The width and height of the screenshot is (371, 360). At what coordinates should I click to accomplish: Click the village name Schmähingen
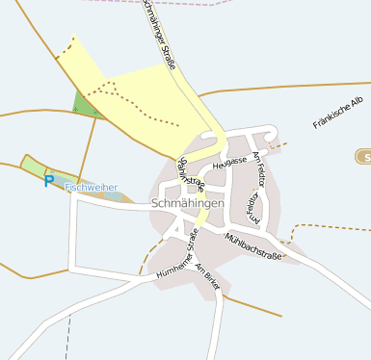tap(188, 204)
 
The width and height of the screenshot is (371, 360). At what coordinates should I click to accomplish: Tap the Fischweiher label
tap(91, 188)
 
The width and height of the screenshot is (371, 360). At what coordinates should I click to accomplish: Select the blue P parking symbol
tap(49, 180)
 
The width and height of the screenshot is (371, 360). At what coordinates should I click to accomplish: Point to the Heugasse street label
tap(230, 164)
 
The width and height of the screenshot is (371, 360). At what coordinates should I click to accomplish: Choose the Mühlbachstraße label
tap(252, 245)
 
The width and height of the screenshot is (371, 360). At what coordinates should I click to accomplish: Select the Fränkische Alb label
tap(337, 113)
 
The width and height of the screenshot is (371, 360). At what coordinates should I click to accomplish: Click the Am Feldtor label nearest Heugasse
tap(259, 169)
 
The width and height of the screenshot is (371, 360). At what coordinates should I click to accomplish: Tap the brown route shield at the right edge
tap(364, 156)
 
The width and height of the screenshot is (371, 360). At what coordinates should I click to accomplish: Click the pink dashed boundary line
tap(212, 3)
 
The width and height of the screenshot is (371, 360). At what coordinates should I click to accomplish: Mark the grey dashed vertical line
tap(67, 337)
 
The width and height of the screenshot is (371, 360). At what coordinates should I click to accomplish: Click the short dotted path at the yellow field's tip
tap(66, 49)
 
